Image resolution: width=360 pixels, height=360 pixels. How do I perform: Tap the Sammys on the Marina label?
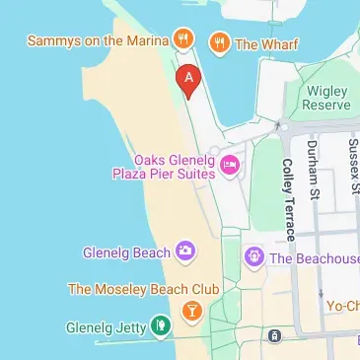pyautogui.click(x=96, y=40)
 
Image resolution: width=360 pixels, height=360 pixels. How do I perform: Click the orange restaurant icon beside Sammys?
pyautogui.click(x=182, y=40)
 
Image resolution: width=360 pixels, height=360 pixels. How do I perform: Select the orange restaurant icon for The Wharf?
pyautogui.click(x=219, y=42)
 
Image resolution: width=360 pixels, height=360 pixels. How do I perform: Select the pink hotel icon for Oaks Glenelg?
pyautogui.click(x=231, y=165)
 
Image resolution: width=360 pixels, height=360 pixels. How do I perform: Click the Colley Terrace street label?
pyautogui.click(x=288, y=199)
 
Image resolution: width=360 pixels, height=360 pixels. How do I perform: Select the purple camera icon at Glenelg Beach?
pyautogui.click(x=184, y=252)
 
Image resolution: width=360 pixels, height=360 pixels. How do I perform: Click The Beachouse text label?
pyautogui.click(x=314, y=258)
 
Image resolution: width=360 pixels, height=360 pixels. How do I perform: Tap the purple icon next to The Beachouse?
pyautogui.click(x=253, y=258)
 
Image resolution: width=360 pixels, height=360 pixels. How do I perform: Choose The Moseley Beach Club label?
pyautogui.click(x=143, y=289)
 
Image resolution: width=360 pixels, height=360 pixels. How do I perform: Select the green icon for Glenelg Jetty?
pyautogui.click(x=160, y=325)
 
